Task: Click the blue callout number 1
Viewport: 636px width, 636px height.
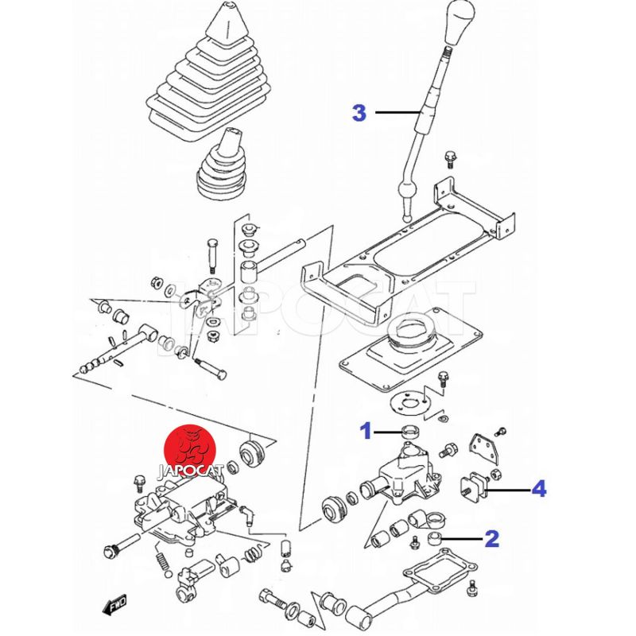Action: (x=366, y=432)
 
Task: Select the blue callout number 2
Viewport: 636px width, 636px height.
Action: (x=492, y=540)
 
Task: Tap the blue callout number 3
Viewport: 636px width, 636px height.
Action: (x=359, y=113)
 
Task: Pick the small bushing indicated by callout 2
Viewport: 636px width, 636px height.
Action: (x=434, y=540)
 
